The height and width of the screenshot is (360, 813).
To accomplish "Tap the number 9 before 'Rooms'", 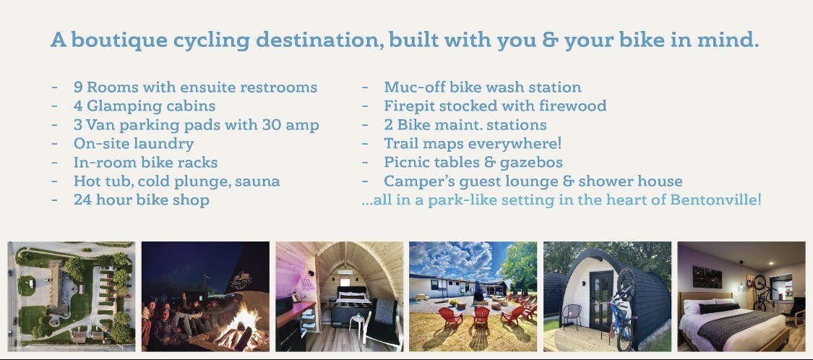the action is [x=77, y=87].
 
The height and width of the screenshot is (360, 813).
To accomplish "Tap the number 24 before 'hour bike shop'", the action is [x=82, y=200].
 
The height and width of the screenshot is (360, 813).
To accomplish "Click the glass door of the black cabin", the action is [x=601, y=300].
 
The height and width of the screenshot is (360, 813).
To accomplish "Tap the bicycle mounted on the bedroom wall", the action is [x=761, y=293].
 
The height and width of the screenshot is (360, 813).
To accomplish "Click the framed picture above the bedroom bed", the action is [x=707, y=277].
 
